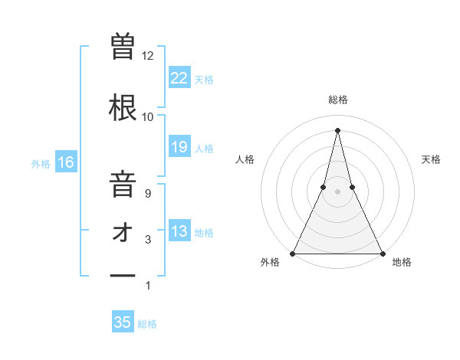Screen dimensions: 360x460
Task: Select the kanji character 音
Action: tap(123, 185)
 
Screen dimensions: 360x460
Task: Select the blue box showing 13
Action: tap(179, 231)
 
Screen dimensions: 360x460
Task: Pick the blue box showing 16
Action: tap(65, 162)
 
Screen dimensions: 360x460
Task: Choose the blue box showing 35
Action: tap(123, 322)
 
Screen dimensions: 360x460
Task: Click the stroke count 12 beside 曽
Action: tap(147, 56)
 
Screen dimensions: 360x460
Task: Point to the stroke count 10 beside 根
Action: tap(147, 117)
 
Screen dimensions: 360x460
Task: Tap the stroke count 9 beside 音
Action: tap(147, 194)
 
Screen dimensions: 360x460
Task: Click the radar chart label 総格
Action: tap(337, 100)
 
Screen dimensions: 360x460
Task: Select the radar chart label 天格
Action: tap(431, 159)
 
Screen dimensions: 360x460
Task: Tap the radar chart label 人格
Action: tap(245, 159)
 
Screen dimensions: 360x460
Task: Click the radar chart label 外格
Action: tap(270, 262)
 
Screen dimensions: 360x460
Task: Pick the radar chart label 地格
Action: tap(402, 262)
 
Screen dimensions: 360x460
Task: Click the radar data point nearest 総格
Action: tap(337, 130)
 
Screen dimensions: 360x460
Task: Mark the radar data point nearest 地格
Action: tap(382, 253)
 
